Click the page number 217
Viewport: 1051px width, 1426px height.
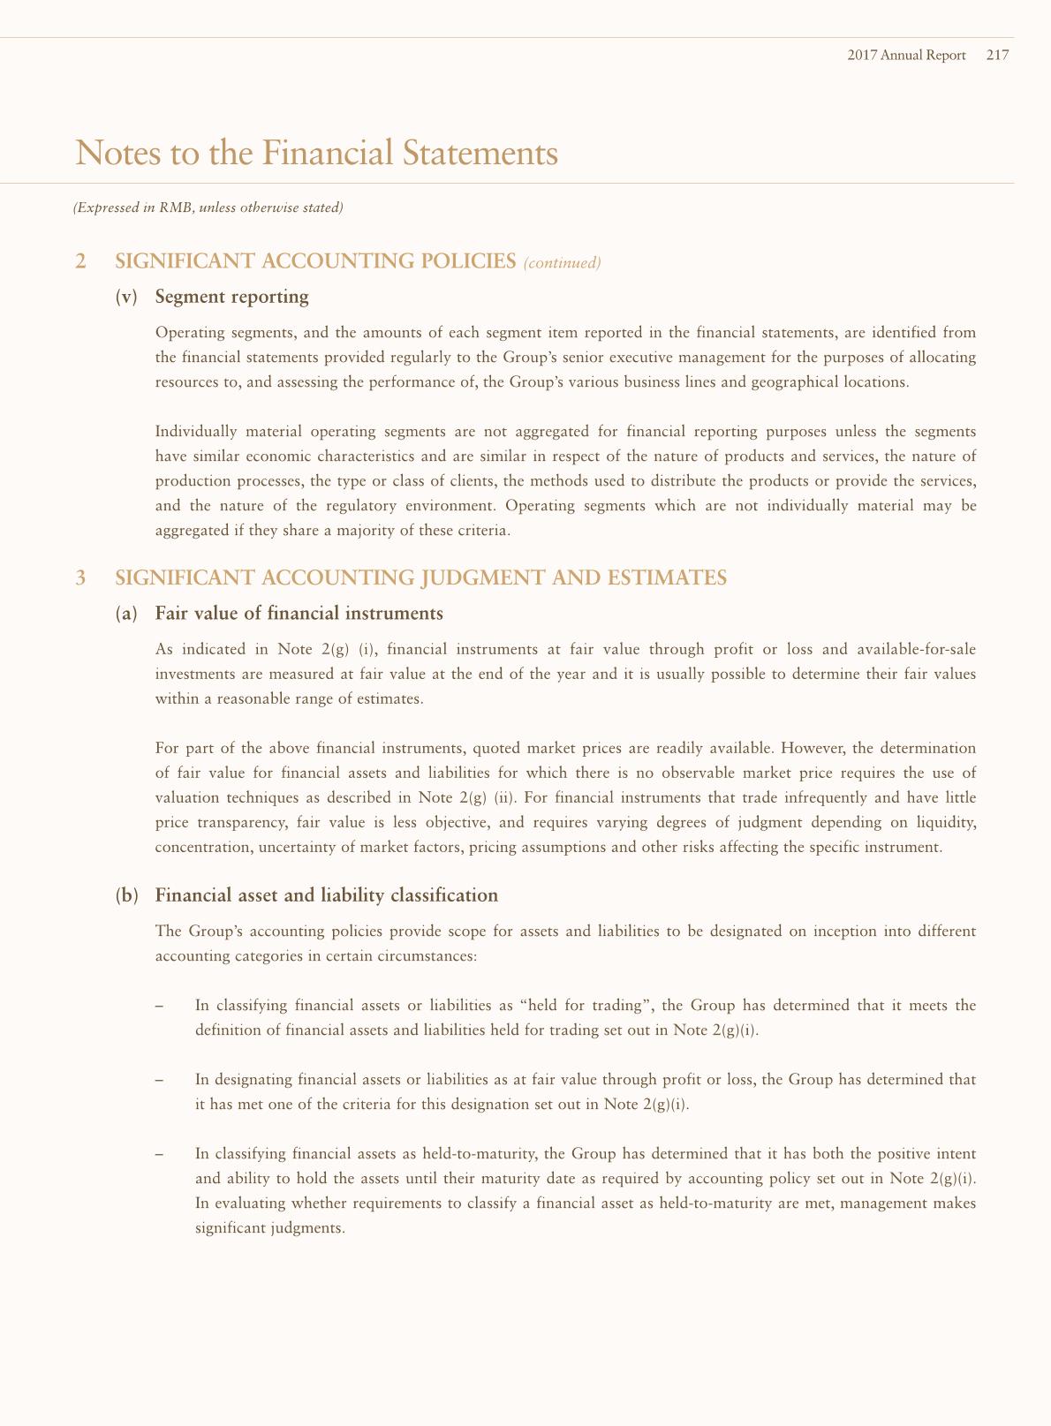click(x=997, y=56)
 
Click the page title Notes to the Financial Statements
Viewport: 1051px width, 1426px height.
click(x=317, y=153)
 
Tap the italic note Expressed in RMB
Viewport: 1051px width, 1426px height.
click(x=208, y=208)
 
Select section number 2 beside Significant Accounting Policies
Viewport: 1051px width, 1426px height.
click(x=81, y=261)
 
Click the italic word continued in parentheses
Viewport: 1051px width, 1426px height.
click(x=563, y=262)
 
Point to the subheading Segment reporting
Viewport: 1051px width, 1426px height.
click(x=231, y=297)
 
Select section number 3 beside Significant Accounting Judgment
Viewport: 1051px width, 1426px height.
click(x=81, y=577)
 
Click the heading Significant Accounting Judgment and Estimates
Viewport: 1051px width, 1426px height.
click(x=421, y=577)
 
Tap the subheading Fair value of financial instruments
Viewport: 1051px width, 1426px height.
click(x=299, y=613)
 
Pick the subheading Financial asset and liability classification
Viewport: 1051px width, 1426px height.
click(x=327, y=895)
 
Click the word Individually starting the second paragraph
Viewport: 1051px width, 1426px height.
click(x=193, y=432)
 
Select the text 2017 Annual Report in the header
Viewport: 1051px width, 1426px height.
click(x=906, y=56)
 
